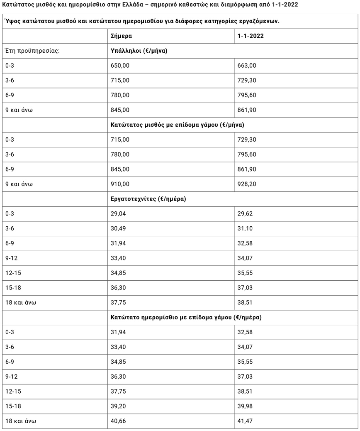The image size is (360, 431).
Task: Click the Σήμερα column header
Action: [x=121, y=36]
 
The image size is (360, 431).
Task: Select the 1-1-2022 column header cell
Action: [x=251, y=36]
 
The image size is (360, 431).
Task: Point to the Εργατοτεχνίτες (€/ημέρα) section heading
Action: [x=148, y=199]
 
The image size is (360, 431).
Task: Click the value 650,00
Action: [x=120, y=66]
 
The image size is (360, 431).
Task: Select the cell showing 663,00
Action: [x=247, y=66]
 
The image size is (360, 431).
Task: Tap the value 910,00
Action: [x=120, y=184]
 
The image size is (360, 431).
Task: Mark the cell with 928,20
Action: [x=247, y=184]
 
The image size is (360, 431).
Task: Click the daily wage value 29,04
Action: [x=118, y=214]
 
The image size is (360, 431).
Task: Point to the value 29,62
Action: [x=245, y=214]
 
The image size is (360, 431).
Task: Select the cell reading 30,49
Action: [x=118, y=228]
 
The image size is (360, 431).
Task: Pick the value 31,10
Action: [x=245, y=228]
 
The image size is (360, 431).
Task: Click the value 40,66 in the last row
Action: [x=118, y=421]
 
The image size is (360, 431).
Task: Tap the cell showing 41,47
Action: [x=245, y=421]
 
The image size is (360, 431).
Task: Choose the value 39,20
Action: [x=118, y=407]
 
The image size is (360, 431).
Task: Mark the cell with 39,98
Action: [x=245, y=407]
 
